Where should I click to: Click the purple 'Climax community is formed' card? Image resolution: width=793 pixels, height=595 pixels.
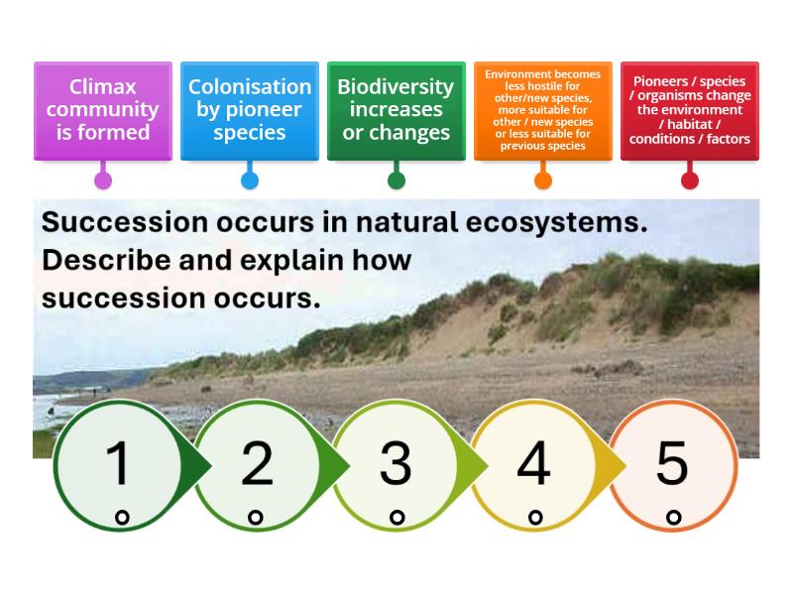click(102, 109)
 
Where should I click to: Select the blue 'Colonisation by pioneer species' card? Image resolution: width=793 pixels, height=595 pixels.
click(250, 109)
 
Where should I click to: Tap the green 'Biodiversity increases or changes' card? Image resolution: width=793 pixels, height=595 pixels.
click(396, 109)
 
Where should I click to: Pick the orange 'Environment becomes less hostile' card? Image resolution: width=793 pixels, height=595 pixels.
click(542, 109)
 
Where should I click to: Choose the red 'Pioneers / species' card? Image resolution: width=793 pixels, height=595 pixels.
click(690, 111)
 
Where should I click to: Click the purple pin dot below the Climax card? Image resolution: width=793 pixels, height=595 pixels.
click(103, 180)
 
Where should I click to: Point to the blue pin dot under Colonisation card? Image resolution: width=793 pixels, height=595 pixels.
click(250, 180)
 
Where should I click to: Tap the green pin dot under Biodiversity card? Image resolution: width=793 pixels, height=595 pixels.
click(396, 180)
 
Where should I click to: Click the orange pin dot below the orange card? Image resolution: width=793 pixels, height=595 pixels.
click(543, 180)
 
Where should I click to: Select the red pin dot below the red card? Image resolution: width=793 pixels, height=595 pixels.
click(690, 180)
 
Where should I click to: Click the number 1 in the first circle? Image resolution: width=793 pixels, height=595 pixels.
click(118, 462)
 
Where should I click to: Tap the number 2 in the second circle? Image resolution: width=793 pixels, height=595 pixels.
click(257, 462)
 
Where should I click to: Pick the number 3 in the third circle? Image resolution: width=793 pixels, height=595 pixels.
click(396, 462)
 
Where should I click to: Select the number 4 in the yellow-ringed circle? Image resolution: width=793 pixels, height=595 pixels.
click(533, 462)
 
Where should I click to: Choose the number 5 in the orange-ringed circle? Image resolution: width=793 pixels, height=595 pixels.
click(672, 462)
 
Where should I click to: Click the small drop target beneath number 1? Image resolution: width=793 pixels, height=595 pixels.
click(121, 517)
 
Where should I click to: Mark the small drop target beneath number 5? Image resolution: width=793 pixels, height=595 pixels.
click(674, 517)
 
